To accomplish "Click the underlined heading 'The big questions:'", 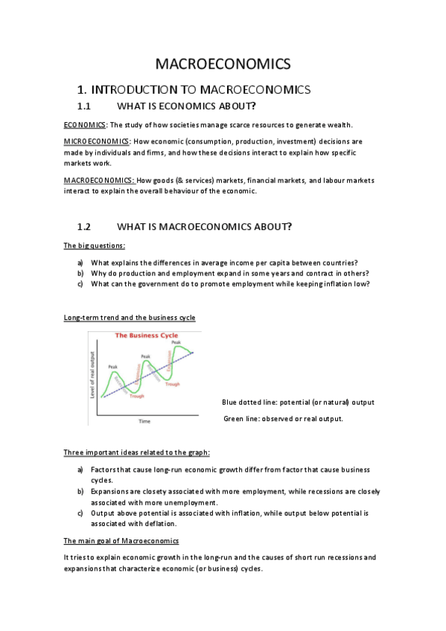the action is (94, 246).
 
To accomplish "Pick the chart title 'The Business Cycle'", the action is (147, 336).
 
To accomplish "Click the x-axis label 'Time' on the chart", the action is (144, 421).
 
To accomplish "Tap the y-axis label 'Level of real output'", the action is (93, 374).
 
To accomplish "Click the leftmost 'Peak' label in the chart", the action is (113, 366).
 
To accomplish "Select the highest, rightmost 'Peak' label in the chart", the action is (176, 342).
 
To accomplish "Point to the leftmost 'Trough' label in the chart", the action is (137, 396).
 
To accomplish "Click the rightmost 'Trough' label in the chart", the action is (173, 384).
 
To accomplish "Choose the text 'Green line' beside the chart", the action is (241, 419).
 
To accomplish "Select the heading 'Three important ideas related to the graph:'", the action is (136, 452).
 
